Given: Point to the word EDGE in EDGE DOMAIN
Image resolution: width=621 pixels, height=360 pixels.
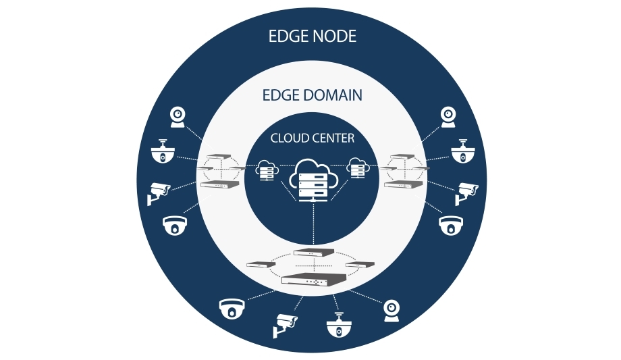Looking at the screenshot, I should tap(280, 95).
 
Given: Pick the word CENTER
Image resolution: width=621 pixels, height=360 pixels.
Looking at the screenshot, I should tap(333, 138).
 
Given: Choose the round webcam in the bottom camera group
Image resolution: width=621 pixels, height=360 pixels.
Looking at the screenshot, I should tap(391, 309).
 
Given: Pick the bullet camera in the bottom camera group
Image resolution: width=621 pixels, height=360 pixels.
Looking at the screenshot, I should tap(284, 324).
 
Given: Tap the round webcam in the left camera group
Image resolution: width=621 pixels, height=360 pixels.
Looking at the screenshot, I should tap(178, 117).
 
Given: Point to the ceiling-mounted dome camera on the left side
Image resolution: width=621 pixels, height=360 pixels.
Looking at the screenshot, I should tap(162, 152).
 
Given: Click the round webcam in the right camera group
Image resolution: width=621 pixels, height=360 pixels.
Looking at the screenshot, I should tap(448, 117).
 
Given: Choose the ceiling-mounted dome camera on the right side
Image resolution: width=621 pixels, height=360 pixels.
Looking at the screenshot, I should tap(462, 152).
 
